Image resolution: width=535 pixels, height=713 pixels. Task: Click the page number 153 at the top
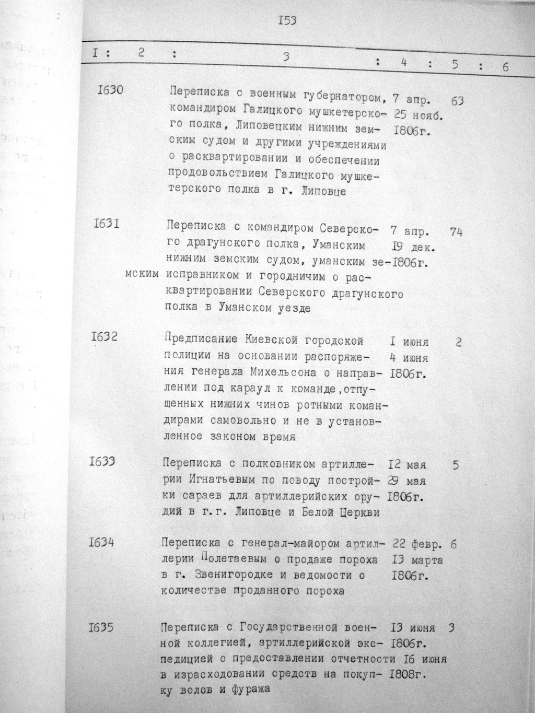click(287, 21)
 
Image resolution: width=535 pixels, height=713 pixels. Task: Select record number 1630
click(110, 90)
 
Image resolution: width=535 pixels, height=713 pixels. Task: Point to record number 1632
click(103, 336)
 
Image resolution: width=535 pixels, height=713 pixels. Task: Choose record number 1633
click(102, 461)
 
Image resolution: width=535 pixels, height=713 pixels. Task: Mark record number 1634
click(102, 543)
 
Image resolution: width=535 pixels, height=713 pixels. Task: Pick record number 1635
click(101, 627)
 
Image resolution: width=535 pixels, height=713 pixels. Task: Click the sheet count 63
click(457, 101)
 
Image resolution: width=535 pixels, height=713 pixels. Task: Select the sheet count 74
click(456, 233)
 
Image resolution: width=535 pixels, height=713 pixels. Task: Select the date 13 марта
click(417, 560)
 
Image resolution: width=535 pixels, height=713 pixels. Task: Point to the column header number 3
click(285, 57)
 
